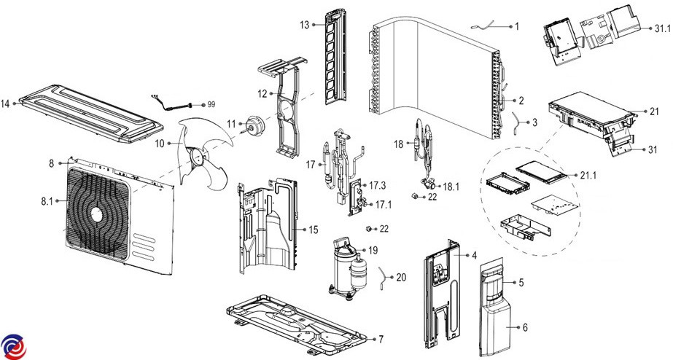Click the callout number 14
click(x=5, y=104)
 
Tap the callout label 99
click(x=211, y=105)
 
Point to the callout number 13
click(x=304, y=26)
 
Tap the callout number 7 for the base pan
click(x=380, y=340)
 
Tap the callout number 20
click(x=402, y=277)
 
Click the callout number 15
click(x=313, y=230)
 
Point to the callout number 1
click(x=516, y=26)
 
